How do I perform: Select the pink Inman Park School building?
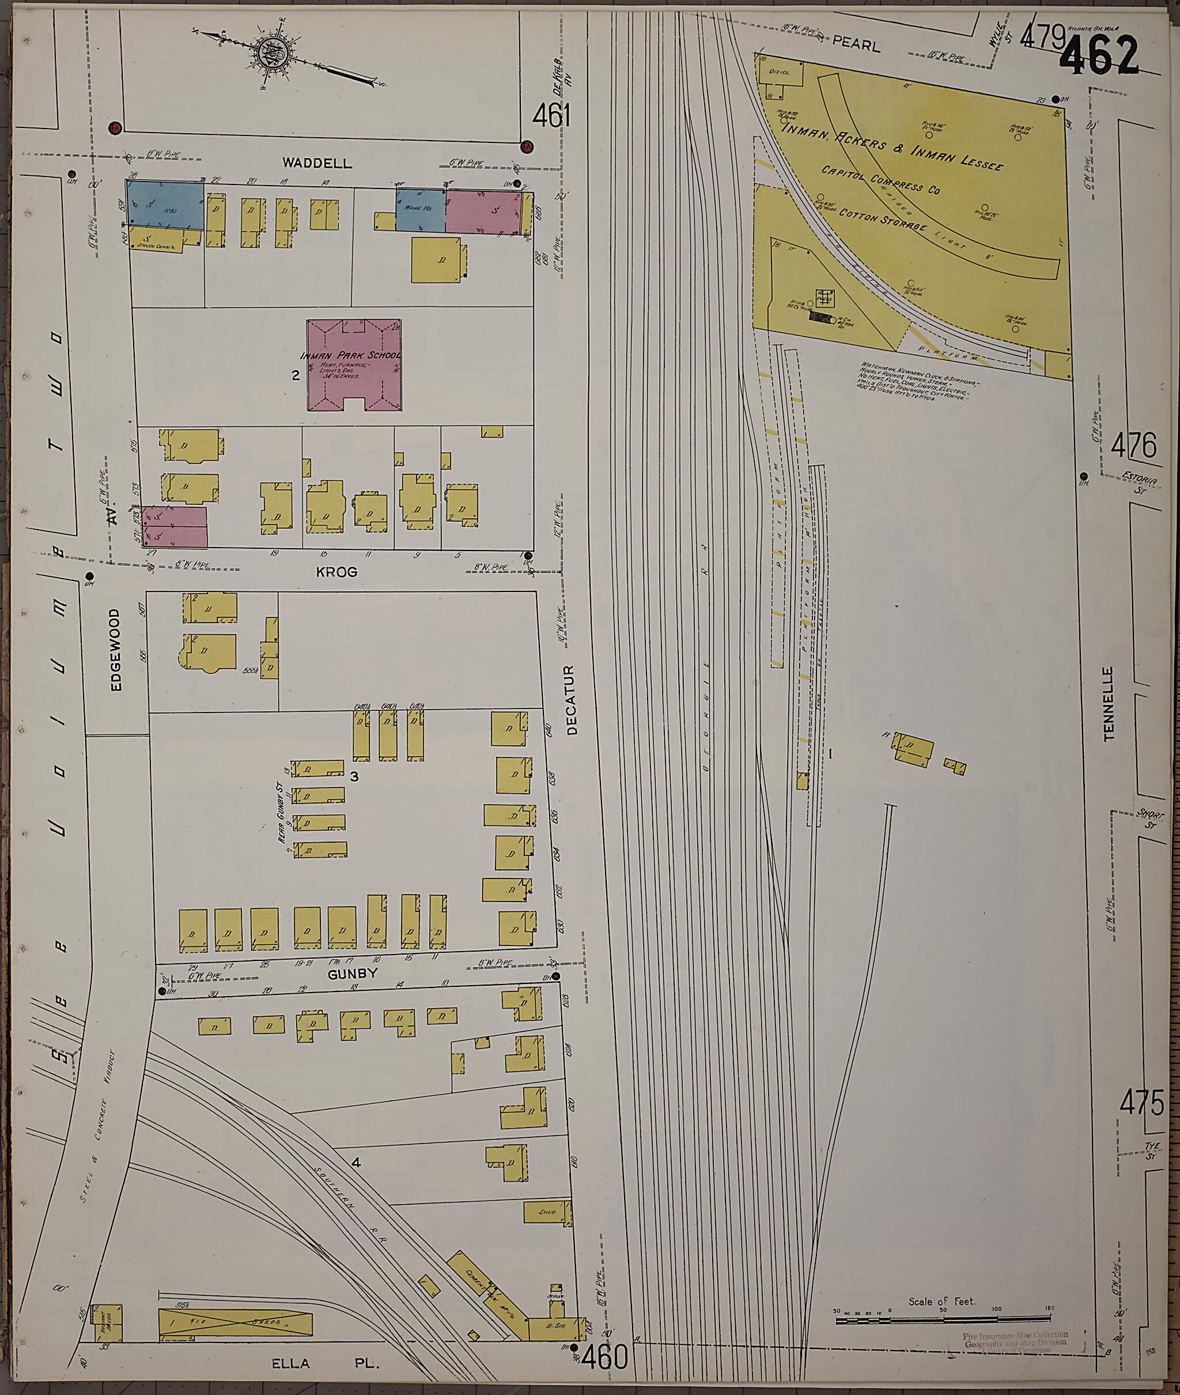pos(354,365)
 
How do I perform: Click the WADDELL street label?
pos(316,163)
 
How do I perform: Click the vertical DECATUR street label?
pos(570,700)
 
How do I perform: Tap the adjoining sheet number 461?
pos(551,117)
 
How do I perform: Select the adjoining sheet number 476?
pos(1133,445)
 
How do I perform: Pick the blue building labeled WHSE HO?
pos(421,210)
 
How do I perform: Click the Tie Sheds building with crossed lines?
pos(235,1324)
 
